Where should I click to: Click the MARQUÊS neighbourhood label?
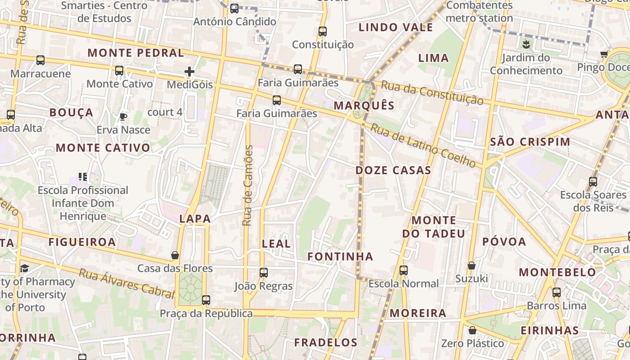pos(364,106)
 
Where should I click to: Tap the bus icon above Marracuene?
pos(40,60)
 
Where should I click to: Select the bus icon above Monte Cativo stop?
pos(119,71)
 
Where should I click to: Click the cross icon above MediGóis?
pos(189,71)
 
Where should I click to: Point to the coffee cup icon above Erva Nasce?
pos(123,117)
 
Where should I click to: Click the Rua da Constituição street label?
pos(432,93)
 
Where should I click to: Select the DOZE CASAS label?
pos(393,170)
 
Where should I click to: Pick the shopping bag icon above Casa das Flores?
pos(175,255)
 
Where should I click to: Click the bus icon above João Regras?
pos(264,272)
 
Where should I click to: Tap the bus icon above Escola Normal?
pos(404,270)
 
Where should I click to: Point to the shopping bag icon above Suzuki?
pos(471,265)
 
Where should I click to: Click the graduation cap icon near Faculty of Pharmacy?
pos(24,269)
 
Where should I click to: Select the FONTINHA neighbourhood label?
pos(340,256)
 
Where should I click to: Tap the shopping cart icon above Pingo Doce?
pos(604,54)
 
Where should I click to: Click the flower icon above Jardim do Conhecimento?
pos(526,44)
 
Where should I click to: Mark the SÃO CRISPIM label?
pos(530,142)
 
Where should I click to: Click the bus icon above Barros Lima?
pos(557,292)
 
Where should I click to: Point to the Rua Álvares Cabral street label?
pos(126,283)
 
